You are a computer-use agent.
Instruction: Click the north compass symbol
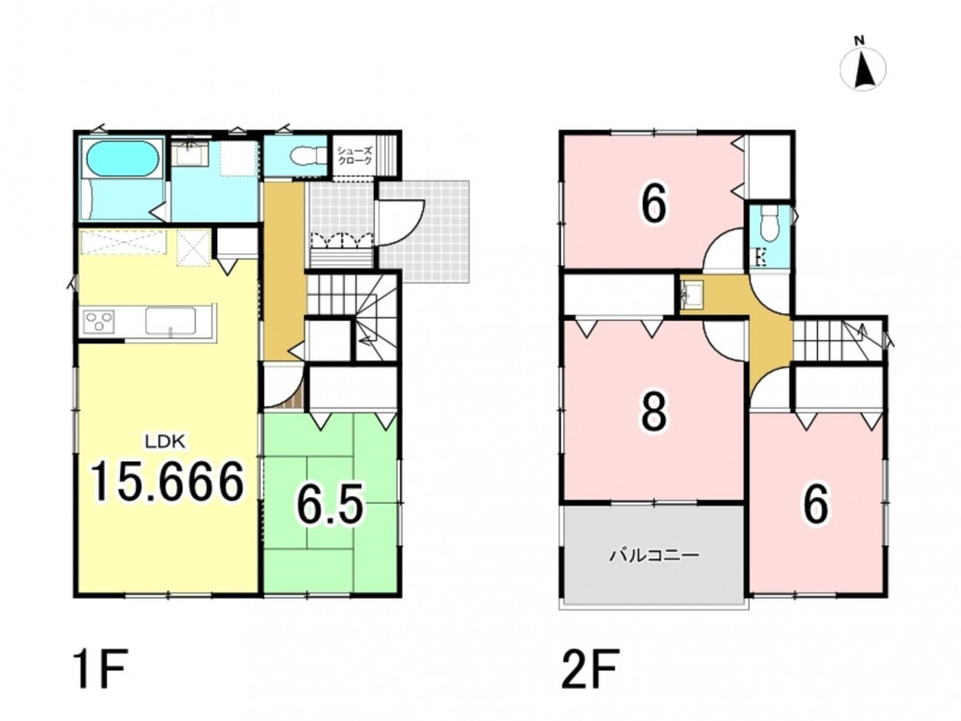point(863,67)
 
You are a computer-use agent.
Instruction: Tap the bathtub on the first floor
point(124,159)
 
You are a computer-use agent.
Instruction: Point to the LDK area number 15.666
point(167,482)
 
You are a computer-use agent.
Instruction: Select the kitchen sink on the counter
point(170,321)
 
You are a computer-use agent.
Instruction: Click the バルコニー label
point(654,556)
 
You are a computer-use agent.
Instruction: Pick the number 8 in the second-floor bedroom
point(653,412)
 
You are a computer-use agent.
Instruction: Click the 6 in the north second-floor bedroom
point(653,205)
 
